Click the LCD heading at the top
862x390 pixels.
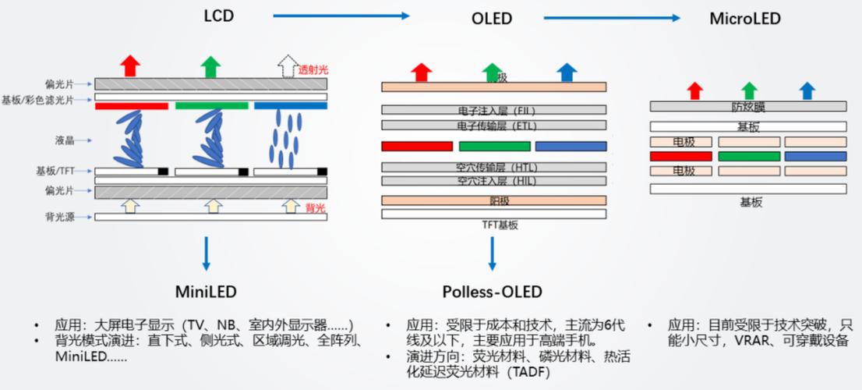pos(219,16)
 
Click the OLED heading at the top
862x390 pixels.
pos(492,18)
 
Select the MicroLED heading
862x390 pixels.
pos(744,18)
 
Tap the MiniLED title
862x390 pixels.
pos(206,292)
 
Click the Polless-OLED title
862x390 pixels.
pos(492,292)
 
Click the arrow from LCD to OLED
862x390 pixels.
pos(341,16)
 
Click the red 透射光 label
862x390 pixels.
pos(311,70)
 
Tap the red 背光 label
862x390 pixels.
pos(315,207)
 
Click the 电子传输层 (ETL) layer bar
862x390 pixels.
pos(493,125)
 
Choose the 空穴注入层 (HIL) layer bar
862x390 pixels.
pos(493,181)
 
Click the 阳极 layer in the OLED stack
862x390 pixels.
pos(493,200)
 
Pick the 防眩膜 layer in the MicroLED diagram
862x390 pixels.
pos(747,106)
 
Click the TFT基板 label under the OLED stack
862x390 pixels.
pos(493,225)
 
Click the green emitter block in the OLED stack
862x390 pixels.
pos(493,146)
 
